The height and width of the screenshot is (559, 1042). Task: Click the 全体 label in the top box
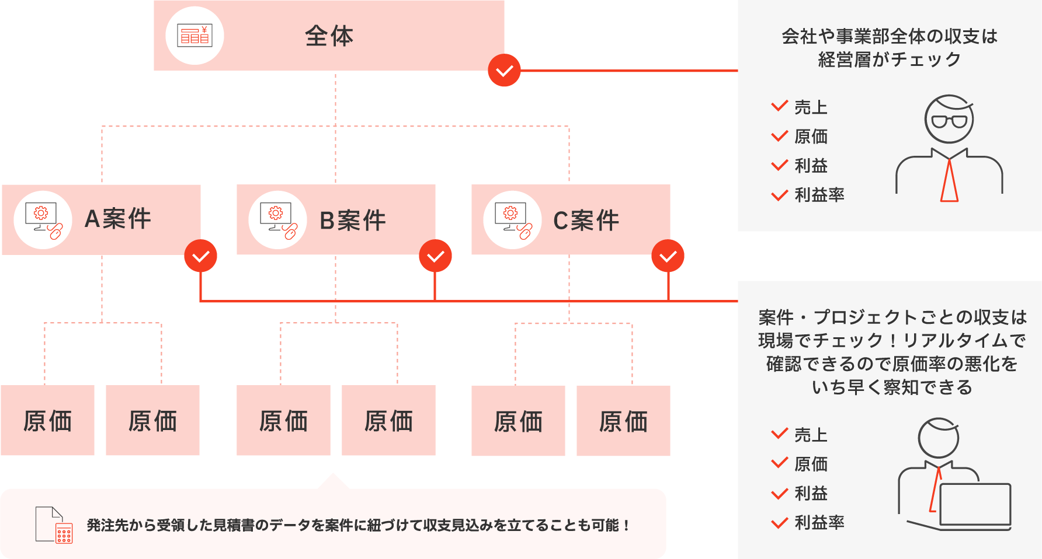tap(329, 36)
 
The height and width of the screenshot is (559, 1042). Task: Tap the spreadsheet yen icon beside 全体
tap(194, 36)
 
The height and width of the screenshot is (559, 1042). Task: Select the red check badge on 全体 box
tap(504, 71)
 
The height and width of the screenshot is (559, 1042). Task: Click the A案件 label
tap(118, 219)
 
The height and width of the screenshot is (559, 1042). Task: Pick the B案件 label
tap(353, 221)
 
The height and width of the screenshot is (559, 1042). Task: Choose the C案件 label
tap(586, 221)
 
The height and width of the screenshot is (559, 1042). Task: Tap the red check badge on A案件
tap(200, 256)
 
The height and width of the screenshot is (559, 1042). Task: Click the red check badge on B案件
tap(435, 256)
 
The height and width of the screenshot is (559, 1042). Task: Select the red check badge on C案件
tap(668, 256)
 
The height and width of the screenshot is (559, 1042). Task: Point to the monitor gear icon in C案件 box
tap(512, 220)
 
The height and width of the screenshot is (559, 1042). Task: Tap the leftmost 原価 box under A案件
tap(47, 420)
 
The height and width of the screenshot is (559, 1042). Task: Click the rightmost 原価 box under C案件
tap(623, 421)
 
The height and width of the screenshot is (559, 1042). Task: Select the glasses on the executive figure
tap(949, 121)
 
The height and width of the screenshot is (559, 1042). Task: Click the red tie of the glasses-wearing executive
tap(949, 181)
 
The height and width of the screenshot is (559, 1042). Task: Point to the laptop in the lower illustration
tap(975, 504)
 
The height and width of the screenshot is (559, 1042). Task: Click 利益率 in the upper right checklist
tap(819, 195)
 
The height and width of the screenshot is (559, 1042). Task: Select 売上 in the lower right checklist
tap(811, 435)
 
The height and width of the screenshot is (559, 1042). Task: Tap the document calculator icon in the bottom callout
tap(54, 525)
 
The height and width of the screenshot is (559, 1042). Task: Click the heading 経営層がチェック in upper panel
tap(889, 60)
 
